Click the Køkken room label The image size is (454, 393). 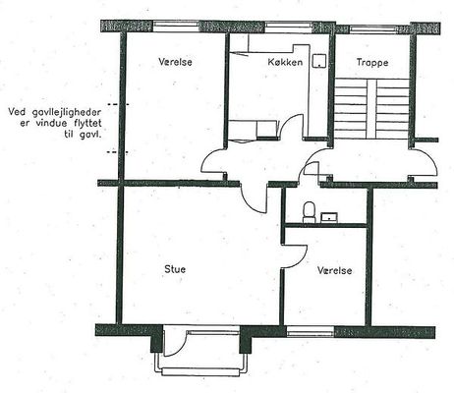pos(285,62)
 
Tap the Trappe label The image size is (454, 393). pos(372,63)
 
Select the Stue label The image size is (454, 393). pos(175,269)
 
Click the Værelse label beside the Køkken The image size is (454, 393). pos(175,62)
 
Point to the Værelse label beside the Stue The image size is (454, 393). pos(335,270)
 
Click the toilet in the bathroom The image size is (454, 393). pos(309,212)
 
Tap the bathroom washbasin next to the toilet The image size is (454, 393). pos(329,217)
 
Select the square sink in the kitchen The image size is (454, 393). pos(319,61)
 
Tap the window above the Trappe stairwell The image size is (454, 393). pos(372,29)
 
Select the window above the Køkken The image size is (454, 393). pos(288,27)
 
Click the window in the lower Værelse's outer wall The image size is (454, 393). pos(311,332)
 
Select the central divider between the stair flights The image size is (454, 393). pos(371,109)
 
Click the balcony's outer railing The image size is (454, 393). pos(200,370)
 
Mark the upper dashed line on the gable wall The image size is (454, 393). pos(118,104)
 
